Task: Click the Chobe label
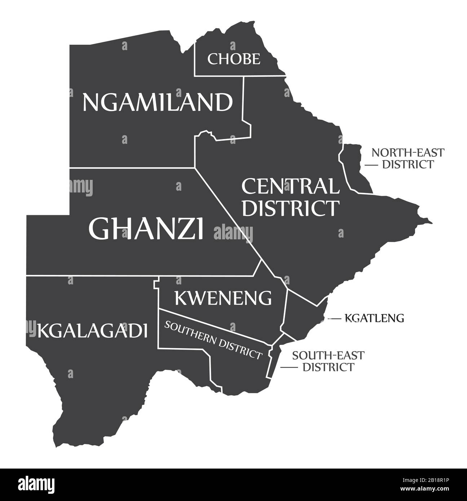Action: [234, 59]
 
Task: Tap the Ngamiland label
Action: [158, 102]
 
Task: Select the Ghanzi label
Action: [146, 229]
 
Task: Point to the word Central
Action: [290, 186]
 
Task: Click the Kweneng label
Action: [223, 298]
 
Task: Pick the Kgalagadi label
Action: [92, 331]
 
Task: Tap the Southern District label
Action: [213, 340]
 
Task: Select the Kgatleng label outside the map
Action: [374, 318]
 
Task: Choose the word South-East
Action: [328, 355]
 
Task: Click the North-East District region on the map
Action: [355, 168]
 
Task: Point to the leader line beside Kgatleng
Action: [334, 319]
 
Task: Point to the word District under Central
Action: [290, 208]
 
